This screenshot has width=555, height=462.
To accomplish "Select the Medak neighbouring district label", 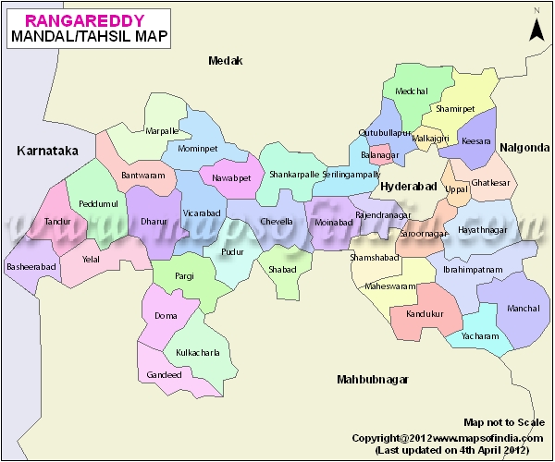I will (225, 61).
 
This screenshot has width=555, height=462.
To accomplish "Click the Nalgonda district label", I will (524, 147).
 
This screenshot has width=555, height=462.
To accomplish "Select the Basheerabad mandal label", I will (32, 266).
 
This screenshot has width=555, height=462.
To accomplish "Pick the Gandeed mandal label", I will (164, 374).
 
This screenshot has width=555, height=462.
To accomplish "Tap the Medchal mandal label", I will (412, 91).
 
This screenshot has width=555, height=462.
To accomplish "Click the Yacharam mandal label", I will (479, 337).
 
